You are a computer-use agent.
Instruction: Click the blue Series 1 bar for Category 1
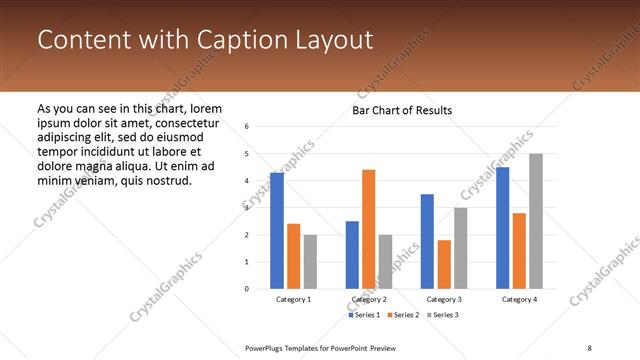pyautogui.click(x=277, y=231)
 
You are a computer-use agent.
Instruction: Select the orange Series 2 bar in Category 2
pyautogui.click(x=368, y=229)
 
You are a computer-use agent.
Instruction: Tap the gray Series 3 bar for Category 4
pyautogui.click(x=536, y=221)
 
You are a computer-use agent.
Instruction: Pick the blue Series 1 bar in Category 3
pyautogui.click(x=427, y=241)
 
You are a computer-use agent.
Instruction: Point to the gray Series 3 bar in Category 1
pyautogui.click(x=310, y=262)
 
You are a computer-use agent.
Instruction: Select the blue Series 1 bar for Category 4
pyautogui.click(x=502, y=228)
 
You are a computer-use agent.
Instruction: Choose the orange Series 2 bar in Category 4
pyautogui.click(x=519, y=250)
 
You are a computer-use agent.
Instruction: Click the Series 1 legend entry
pyautogui.click(x=365, y=315)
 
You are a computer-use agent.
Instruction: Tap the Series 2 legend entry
pyautogui.click(x=402, y=315)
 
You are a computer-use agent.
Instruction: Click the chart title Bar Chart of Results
pyautogui.click(x=402, y=110)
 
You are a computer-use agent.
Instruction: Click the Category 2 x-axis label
pyautogui.click(x=369, y=299)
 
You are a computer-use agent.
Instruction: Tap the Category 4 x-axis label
pyautogui.click(x=519, y=299)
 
